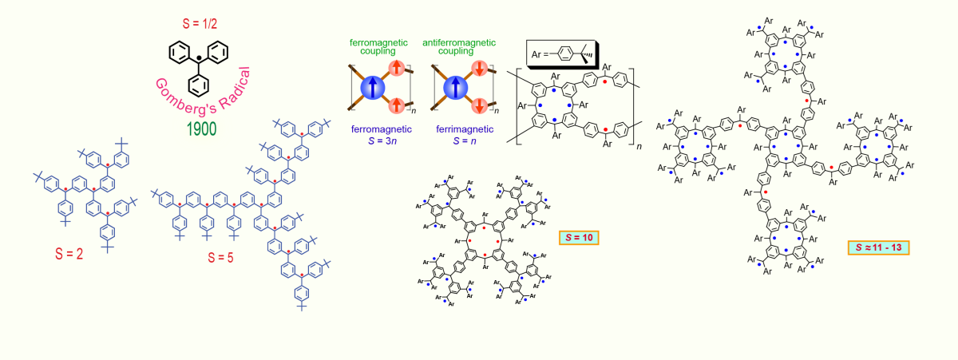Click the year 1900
pyautogui.click(x=200, y=129)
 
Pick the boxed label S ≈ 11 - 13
pyautogui.click(x=878, y=247)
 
